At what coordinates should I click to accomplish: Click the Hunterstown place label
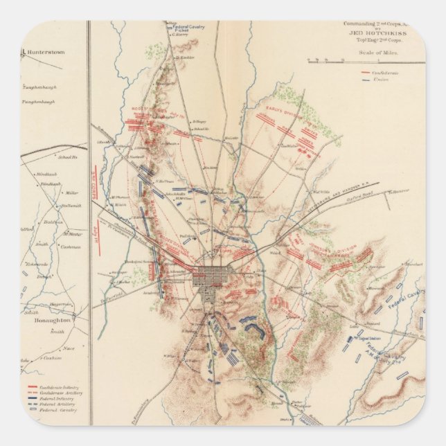44,51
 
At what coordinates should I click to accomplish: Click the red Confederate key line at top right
365,72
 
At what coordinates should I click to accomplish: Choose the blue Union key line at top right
365,80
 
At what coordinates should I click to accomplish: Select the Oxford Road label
377,193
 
